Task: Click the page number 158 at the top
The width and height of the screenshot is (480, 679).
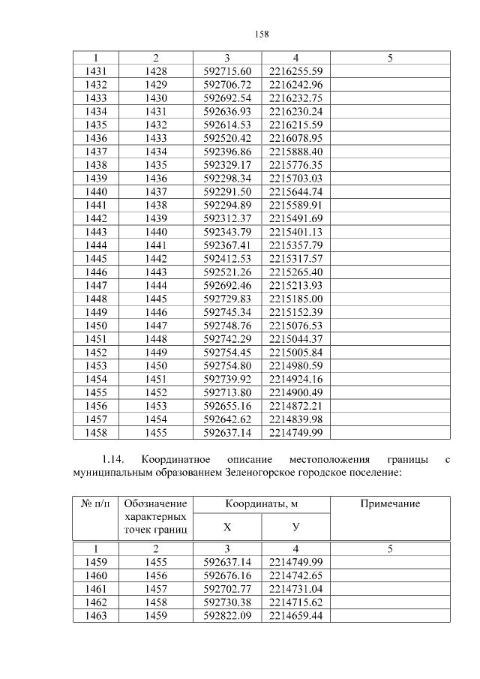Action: (x=262, y=34)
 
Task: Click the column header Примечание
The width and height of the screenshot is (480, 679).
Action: (x=390, y=504)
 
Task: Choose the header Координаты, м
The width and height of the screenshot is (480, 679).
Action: (x=261, y=504)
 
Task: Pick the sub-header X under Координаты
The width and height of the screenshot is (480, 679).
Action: (x=227, y=527)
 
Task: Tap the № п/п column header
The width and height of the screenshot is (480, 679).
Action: (x=94, y=504)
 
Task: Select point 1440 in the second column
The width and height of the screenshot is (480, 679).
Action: (x=155, y=232)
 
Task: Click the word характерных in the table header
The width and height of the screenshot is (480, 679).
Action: (x=155, y=518)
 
